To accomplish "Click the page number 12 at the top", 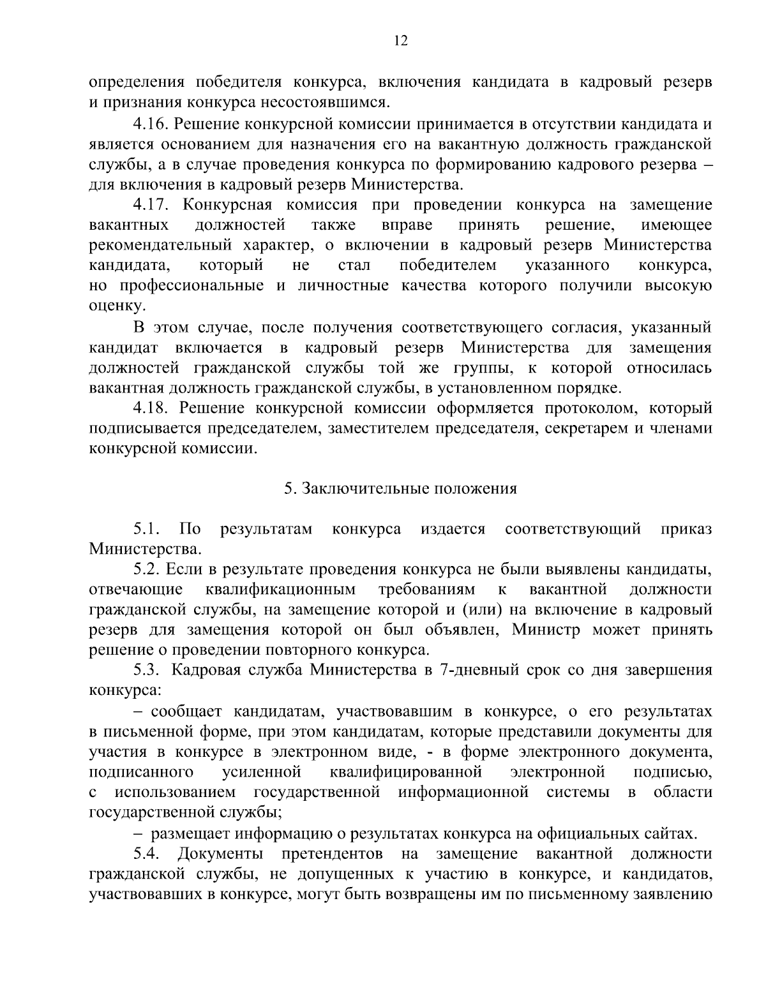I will (x=401, y=41).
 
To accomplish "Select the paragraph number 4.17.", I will (x=150, y=205).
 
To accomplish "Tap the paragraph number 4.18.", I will (x=150, y=408).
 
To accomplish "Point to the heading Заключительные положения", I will (x=400, y=489).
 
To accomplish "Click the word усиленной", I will (x=262, y=773).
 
